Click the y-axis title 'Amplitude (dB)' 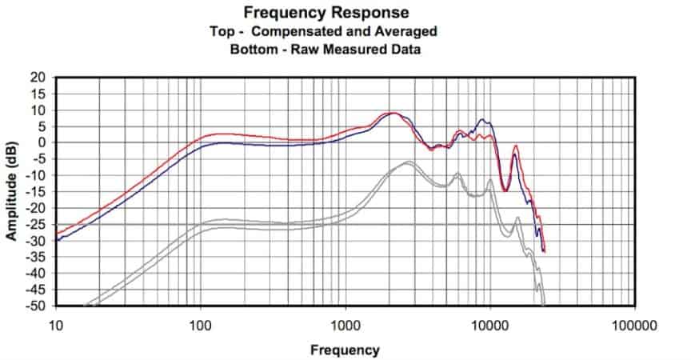point(12,192)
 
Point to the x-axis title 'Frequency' point(345,350)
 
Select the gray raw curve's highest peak point(408,162)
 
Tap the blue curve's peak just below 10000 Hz point(481,120)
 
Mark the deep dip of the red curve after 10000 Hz point(504,190)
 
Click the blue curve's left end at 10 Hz point(57,239)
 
